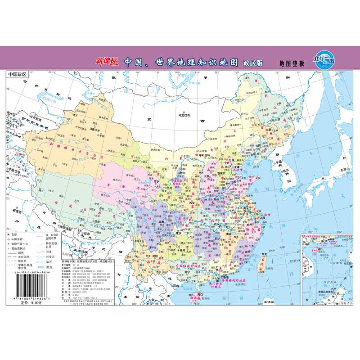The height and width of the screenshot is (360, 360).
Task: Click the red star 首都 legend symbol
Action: coord(8,235)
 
